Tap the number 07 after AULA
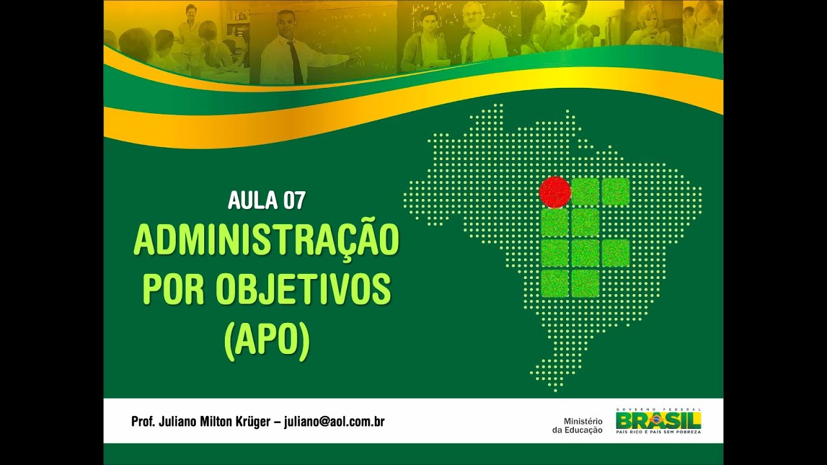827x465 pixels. [294, 201]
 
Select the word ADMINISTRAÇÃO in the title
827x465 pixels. [266, 241]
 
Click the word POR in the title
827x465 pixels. [173, 290]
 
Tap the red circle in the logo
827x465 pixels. [555, 192]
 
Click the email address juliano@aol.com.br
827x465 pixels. [335, 422]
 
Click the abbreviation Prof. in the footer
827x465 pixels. [143, 422]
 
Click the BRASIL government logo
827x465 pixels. [658, 421]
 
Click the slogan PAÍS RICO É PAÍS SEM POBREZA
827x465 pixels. [658, 431]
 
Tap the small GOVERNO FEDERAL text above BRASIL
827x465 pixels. [658, 409]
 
